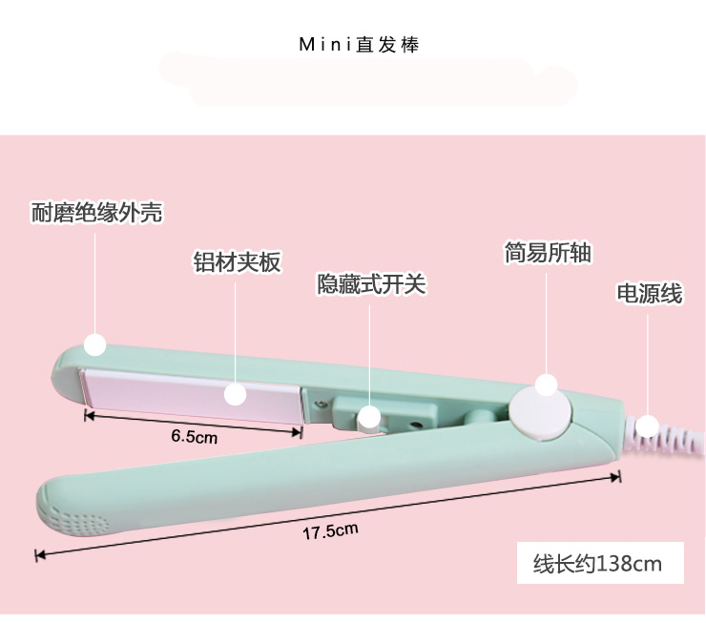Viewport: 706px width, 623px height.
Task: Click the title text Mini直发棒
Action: coord(359,45)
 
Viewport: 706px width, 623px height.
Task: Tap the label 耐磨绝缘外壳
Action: coord(97,213)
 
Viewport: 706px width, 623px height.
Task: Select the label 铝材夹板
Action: coord(238,261)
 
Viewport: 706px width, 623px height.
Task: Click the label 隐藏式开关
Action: coord(371,284)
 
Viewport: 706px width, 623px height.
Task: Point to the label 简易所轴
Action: coord(548,252)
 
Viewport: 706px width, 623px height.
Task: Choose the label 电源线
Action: coord(650,294)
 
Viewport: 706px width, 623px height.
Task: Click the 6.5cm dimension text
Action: coord(195,438)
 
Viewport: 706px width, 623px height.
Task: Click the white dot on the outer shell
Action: coord(93,343)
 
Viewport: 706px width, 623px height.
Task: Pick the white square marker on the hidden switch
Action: coord(369,418)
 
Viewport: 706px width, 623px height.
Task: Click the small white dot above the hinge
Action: coord(546,384)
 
